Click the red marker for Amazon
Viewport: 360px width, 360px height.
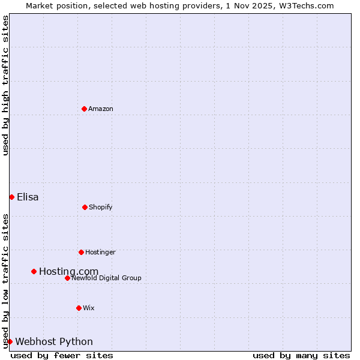pos(84,109)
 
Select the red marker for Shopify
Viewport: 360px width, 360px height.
pos(85,207)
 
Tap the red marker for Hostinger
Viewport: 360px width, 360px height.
pos(81,252)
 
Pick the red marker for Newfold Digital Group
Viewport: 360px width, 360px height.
pos(67,278)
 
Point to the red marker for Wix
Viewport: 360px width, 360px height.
pos(79,308)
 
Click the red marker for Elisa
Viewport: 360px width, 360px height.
pos(11,197)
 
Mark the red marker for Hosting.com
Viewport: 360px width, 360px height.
pos(34,271)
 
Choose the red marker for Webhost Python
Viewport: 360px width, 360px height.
pos(10,341)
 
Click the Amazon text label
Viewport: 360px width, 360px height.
pos(101,109)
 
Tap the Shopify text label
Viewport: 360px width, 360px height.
pos(101,207)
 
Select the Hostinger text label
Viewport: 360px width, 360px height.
pos(100,252)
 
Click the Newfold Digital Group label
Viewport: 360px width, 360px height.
pos(106,278)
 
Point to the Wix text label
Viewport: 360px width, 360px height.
pos(89,308)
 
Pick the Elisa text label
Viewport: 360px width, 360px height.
pos(28,197)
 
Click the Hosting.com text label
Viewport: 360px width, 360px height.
pos(68,272)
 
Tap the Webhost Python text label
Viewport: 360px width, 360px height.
pos(54,342)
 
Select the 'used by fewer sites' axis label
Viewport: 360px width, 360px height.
pos(62,355)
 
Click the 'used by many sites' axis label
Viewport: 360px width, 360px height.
pos(301,355)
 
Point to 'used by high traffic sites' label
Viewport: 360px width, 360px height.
pos(5,85)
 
